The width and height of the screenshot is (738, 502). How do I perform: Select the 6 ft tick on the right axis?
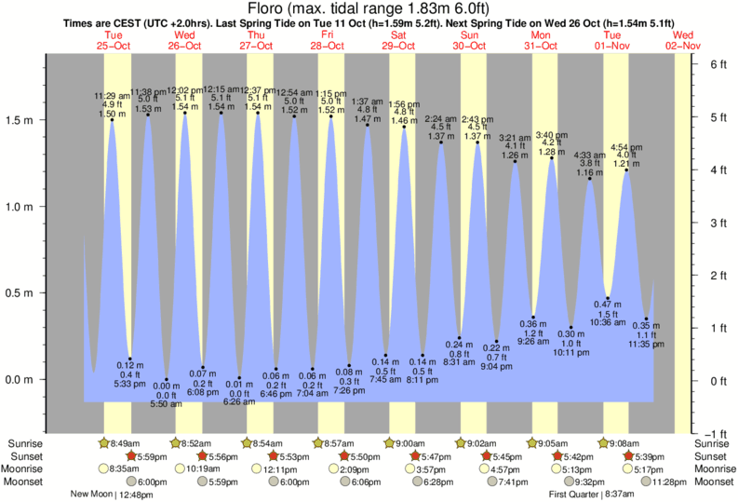[x=718, y=64]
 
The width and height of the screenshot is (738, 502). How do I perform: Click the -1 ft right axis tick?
[x=717, y=434]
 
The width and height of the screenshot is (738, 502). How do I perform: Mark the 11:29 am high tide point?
[x=112, y=119]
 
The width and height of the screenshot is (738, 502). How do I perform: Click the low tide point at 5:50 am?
[x=168, y=379]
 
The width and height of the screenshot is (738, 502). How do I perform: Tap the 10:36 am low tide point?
[x=608, y=298]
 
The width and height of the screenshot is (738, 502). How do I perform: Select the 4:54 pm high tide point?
[x=626, y=170]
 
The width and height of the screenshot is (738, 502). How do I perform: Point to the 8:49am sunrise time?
[x=126, y=443]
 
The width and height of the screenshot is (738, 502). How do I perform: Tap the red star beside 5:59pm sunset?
[x=132, y=456]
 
